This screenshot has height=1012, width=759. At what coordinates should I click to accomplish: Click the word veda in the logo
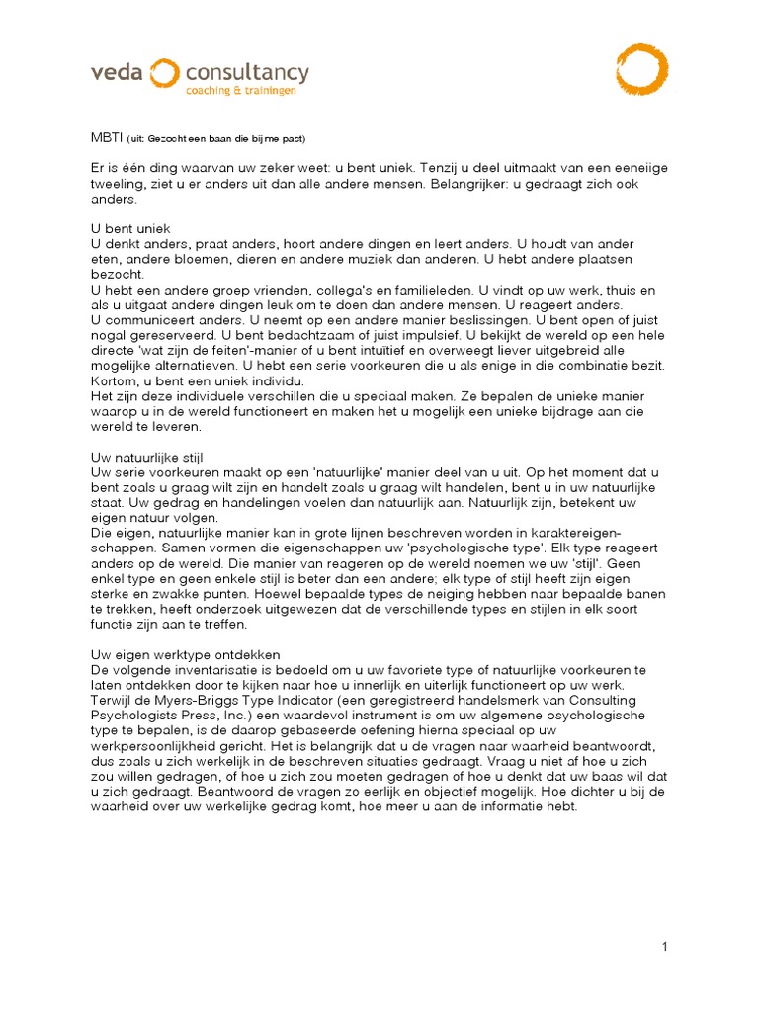pyautogui.click(x=118, y=73)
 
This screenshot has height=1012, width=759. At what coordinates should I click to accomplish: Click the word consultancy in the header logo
pyautogui.click(x=247, y=73)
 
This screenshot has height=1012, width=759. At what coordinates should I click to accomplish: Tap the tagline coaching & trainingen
pyautogui.click(x=241, y=91)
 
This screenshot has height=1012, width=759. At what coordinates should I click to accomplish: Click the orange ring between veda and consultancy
pyautogui.click(x=164, y=73)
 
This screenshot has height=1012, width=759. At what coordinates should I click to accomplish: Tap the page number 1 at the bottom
pyautogui.click(x=665, y=947)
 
